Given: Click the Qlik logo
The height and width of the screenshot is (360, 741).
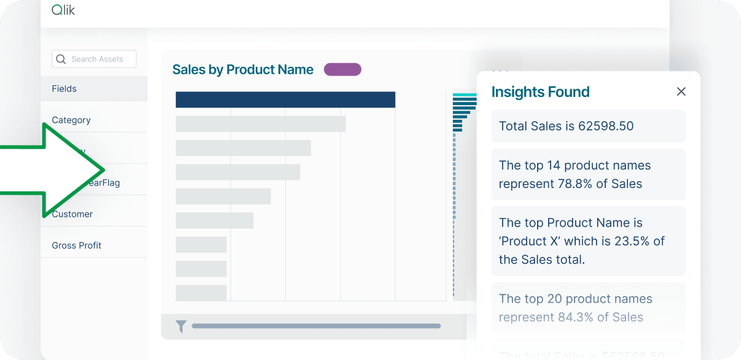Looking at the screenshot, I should pyautogui.click(x=63, y=10).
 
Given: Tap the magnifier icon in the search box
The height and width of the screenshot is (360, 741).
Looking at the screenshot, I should pyautogui.click(x=61, y=59).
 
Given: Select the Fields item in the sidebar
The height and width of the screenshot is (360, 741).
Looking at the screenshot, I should pyautogui.click(x=65, y=88).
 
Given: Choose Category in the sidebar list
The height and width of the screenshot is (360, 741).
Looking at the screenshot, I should pyautogui.click(x=71, y=120).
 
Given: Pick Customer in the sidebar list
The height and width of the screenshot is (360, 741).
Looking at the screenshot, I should pyautogui.click(x=73, y=214).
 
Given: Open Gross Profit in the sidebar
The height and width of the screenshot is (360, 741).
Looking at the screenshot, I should pyautogui.click(x=77, y=245).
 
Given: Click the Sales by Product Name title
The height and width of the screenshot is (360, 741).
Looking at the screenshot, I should pyautogui.click(x=243, y=69).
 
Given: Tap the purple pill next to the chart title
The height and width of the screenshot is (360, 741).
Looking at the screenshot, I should pyautogui.click(x=342, y=69).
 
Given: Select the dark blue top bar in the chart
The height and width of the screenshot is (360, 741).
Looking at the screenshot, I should pyautogui.click(x=285, y=100).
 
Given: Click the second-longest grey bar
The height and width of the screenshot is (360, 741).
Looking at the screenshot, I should pyautogui.click(x=261, y=123).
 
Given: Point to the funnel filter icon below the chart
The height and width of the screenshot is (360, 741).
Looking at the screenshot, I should pyautogui.click(x=181, y=326).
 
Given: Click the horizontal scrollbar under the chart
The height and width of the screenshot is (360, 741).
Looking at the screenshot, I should pyautogui.click(x=316, y=326).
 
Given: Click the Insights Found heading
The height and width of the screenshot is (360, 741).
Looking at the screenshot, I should pyautogui.click(x=540, y=92).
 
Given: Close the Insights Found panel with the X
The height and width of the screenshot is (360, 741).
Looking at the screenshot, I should pyautogui.click(x=681, y=92).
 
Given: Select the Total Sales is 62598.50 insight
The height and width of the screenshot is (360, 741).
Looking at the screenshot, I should pyautogui.click(x=588, y=126).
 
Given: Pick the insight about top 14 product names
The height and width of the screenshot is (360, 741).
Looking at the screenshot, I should pyautogui.click(x=588, y=174).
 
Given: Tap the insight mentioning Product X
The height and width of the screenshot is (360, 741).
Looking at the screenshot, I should pyautogui.click(x=588, y=241).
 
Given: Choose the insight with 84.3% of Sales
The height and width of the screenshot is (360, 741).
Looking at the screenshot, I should pyautogui.click(x=588, y=308).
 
